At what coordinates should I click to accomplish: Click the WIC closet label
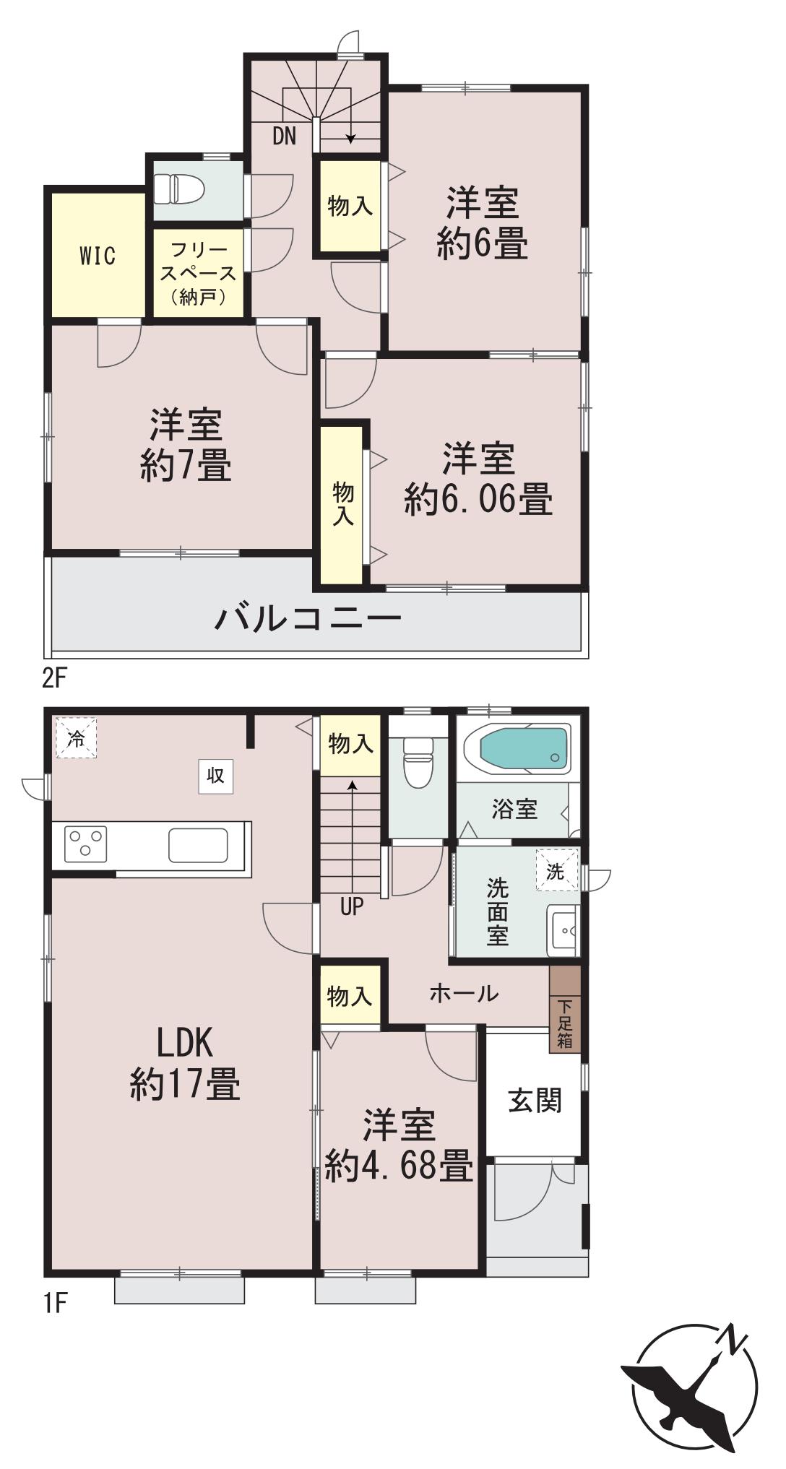coord(98,256)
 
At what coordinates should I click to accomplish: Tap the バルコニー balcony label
coord(308,619)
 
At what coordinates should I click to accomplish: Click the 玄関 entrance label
coord(535,1102)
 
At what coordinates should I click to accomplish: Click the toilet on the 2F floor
coord(180,190)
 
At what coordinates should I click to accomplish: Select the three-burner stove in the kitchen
coord(86,844)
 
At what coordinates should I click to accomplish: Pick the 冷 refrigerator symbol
coord(76,737)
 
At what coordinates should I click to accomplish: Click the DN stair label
coord(285,136)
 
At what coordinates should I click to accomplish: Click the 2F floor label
coord(55,679)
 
